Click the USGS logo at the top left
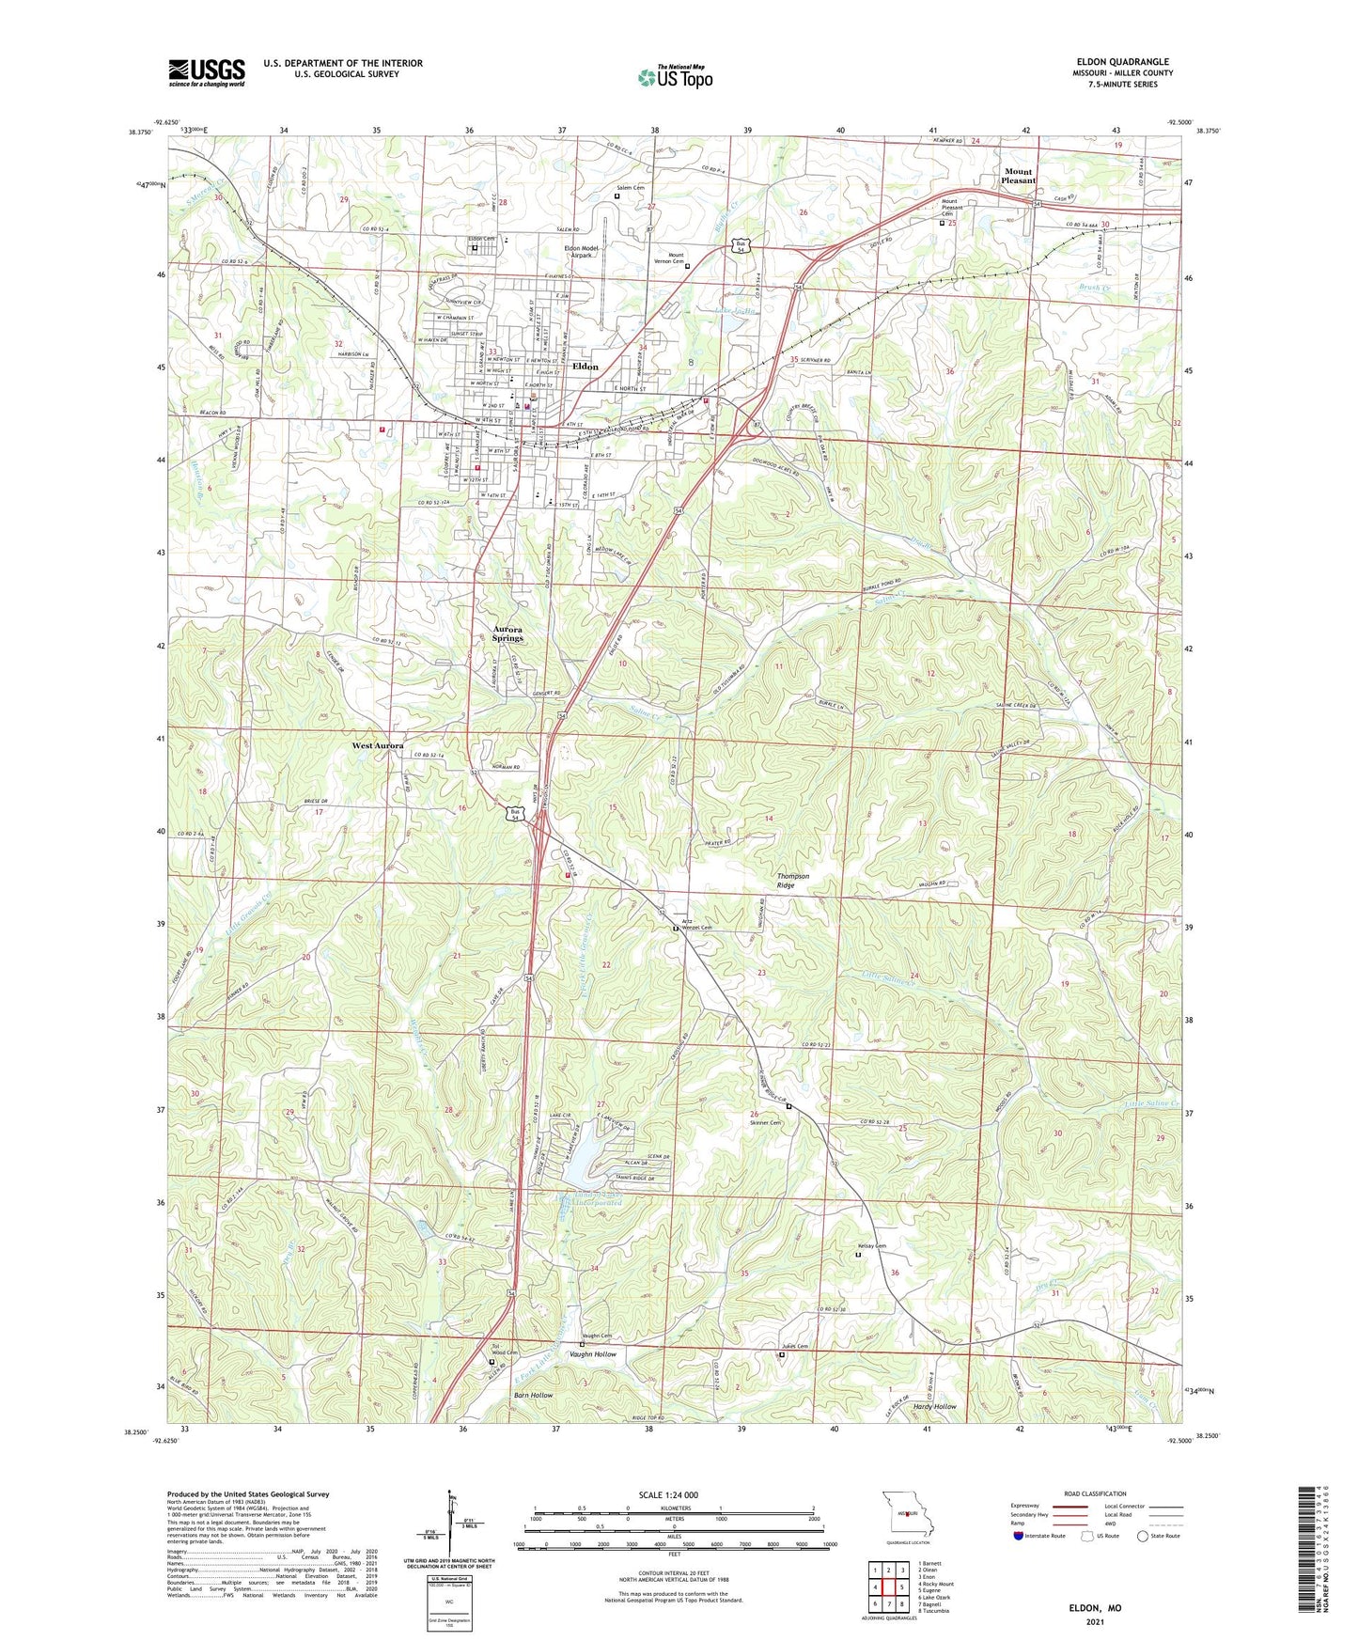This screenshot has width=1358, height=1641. tap(207, 72)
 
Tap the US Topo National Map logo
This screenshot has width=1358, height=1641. tap(675, 77)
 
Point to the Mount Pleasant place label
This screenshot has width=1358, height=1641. tap(1018, 176)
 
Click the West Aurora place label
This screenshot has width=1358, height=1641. tap(378, 745)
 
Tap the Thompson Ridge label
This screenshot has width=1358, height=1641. tap(792, 881)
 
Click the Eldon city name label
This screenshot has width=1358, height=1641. tap(585, 367)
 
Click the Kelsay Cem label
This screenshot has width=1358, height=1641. tap(870, 1245)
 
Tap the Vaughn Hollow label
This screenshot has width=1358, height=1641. tap(593, 1354)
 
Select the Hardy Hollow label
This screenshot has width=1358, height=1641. tap(934, 1406)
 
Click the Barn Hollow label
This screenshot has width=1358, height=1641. tap(533, 1395)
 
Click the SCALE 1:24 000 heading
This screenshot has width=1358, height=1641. tap(667, 1494)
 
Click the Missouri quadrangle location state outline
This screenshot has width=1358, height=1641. tap(907, 1514)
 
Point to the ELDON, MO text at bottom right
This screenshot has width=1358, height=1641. tap(1094, 1608)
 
